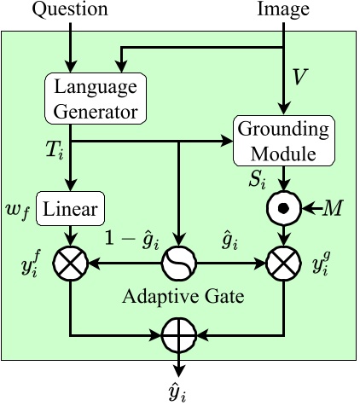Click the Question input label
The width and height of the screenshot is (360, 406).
click(71, 11)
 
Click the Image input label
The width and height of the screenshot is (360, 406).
click(284, 11)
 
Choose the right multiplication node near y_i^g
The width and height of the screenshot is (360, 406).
click(284, 264)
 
